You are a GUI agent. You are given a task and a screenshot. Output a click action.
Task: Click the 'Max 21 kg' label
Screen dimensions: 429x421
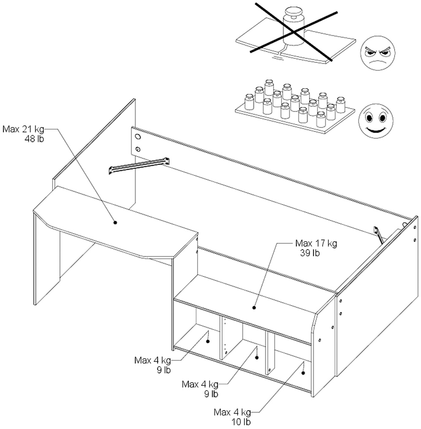23,128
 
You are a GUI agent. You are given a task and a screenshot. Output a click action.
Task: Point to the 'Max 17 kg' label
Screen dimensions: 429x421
316,243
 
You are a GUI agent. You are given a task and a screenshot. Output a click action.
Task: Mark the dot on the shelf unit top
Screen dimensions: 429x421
254,307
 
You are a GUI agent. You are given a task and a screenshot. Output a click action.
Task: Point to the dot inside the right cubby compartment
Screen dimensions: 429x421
303,373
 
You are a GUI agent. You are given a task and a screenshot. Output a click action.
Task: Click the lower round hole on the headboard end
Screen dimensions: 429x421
138,149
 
